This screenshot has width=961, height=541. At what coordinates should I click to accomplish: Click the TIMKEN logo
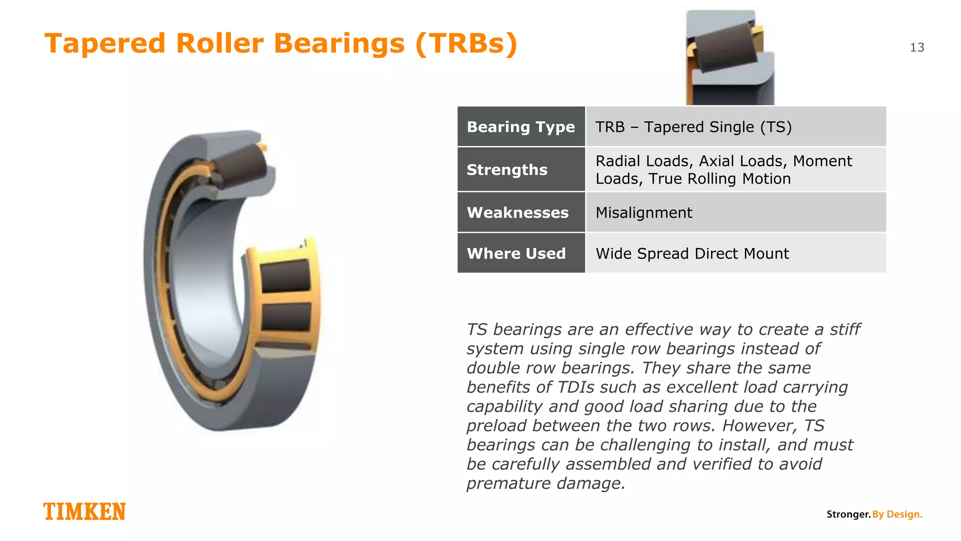coord(84,511)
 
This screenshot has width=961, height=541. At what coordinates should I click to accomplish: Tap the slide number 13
coord(917,47)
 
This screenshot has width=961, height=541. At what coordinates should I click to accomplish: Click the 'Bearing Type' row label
coord(521,127)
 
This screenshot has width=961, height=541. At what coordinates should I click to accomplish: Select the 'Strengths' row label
coord(507,170)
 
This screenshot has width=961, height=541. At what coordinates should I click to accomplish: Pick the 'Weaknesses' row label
coord(518,213)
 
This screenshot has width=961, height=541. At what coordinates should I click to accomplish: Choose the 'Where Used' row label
coord(516,254)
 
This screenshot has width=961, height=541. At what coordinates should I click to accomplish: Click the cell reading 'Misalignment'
coord(644,213)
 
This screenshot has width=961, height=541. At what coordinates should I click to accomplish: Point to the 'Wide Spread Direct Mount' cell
coord(692,254)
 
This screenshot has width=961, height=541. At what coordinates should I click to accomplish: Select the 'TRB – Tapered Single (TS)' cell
coord(694,127)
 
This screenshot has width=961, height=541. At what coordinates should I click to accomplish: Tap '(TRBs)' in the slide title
coord(466,43)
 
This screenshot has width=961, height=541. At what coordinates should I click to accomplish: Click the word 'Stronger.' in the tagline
coord(848,514)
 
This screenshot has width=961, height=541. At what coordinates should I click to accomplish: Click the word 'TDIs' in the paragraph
coord(576,387)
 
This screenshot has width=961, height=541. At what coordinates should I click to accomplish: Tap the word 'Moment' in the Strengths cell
coord(822,161)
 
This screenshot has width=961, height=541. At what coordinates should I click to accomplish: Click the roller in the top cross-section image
coord(724,47)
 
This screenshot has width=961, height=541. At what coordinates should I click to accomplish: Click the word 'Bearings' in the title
coord(339,43)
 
